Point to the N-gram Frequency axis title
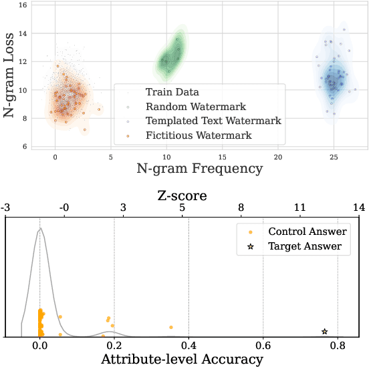(199, 169)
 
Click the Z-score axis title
(182, 196)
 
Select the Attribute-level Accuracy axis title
(182, 359)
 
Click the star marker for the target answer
(325, 332)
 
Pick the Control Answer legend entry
(307, 232)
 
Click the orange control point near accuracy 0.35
(171, 327)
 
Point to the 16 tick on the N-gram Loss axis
(23, 5)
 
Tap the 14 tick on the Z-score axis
(359, 209)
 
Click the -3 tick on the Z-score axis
(5, 209)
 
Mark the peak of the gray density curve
(41, 229)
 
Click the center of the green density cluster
(170, 59)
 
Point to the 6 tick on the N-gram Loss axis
(23, 147)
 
